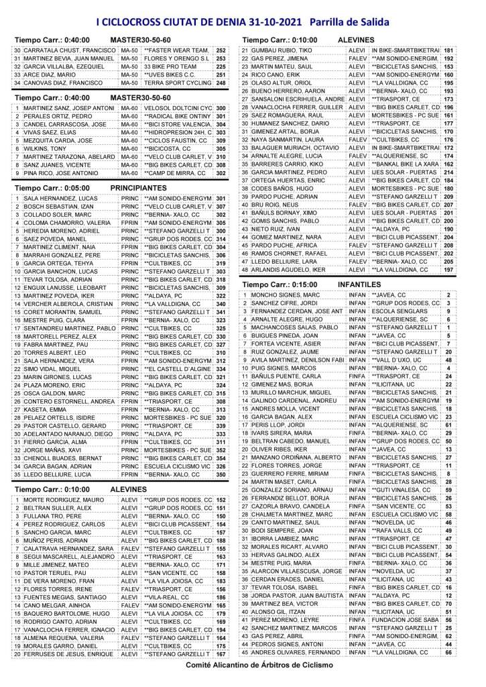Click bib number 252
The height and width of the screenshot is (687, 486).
(221, 50)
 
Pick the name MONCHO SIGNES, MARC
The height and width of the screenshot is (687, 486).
(287, 295)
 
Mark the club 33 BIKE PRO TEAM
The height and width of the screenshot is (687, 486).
(169, 66)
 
